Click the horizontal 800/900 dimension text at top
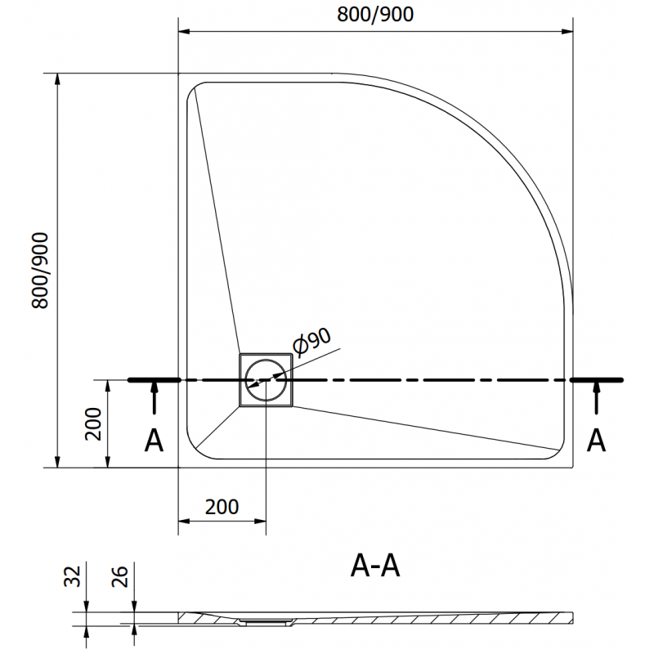(x=375, y=13)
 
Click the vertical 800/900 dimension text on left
(x=42, y=271)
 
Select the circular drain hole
(x=265, y=379)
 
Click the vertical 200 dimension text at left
(x=93, y=424)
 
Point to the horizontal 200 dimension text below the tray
(x=222, y=507)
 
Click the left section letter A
(x=153, y=441)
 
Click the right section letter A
(x=597, y=441)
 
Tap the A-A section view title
(x=374, y=566)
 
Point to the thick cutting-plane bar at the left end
(x=154, y=380)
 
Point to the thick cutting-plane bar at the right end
(x=597, y=380)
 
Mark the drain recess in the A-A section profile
(x=263, y=620)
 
